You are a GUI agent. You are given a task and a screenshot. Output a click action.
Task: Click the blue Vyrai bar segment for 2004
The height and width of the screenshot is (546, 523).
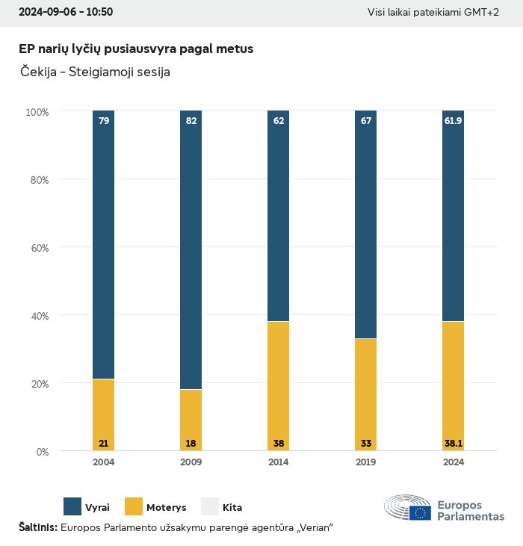(x=104, y=246)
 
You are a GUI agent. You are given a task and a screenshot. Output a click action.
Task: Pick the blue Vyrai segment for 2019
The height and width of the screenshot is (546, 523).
(x=365, y=224)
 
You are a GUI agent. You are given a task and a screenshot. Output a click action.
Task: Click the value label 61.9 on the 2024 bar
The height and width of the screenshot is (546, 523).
(x=453, y=120)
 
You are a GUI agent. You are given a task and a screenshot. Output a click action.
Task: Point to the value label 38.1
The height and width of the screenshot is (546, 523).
(x=453, y=443)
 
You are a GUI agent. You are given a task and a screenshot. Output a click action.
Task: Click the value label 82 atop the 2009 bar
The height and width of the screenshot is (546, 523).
(x=191, y=120)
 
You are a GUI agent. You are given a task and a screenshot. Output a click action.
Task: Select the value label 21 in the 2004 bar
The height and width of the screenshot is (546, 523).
(x=104, y=443)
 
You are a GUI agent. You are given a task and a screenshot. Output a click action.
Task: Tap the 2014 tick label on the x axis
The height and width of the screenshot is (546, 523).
(x=278, y=462)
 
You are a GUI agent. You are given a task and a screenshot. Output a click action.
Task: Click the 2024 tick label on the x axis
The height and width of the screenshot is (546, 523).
(x=453, y=462)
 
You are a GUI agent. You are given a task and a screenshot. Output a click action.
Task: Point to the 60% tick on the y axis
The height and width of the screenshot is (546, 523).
(x=37, y=248)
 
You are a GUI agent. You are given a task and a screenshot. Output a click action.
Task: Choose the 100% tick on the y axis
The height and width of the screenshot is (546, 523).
(x=37, y=112)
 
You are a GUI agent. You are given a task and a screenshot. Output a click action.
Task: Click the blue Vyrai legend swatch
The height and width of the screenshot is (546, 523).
(x=72, y=506)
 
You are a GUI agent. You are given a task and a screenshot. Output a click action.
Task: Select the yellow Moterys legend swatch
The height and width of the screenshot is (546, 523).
(x=133, y=506)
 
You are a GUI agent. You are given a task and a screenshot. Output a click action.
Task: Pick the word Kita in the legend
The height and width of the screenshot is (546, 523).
(x=232, y=507)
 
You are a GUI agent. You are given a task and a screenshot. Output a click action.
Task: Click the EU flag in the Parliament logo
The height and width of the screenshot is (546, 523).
(x=420, y=512)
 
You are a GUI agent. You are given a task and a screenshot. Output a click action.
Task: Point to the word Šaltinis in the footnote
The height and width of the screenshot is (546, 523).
(x=37, y=527)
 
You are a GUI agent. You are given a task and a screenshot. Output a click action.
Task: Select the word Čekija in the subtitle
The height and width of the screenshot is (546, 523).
(x=37, y=72)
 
